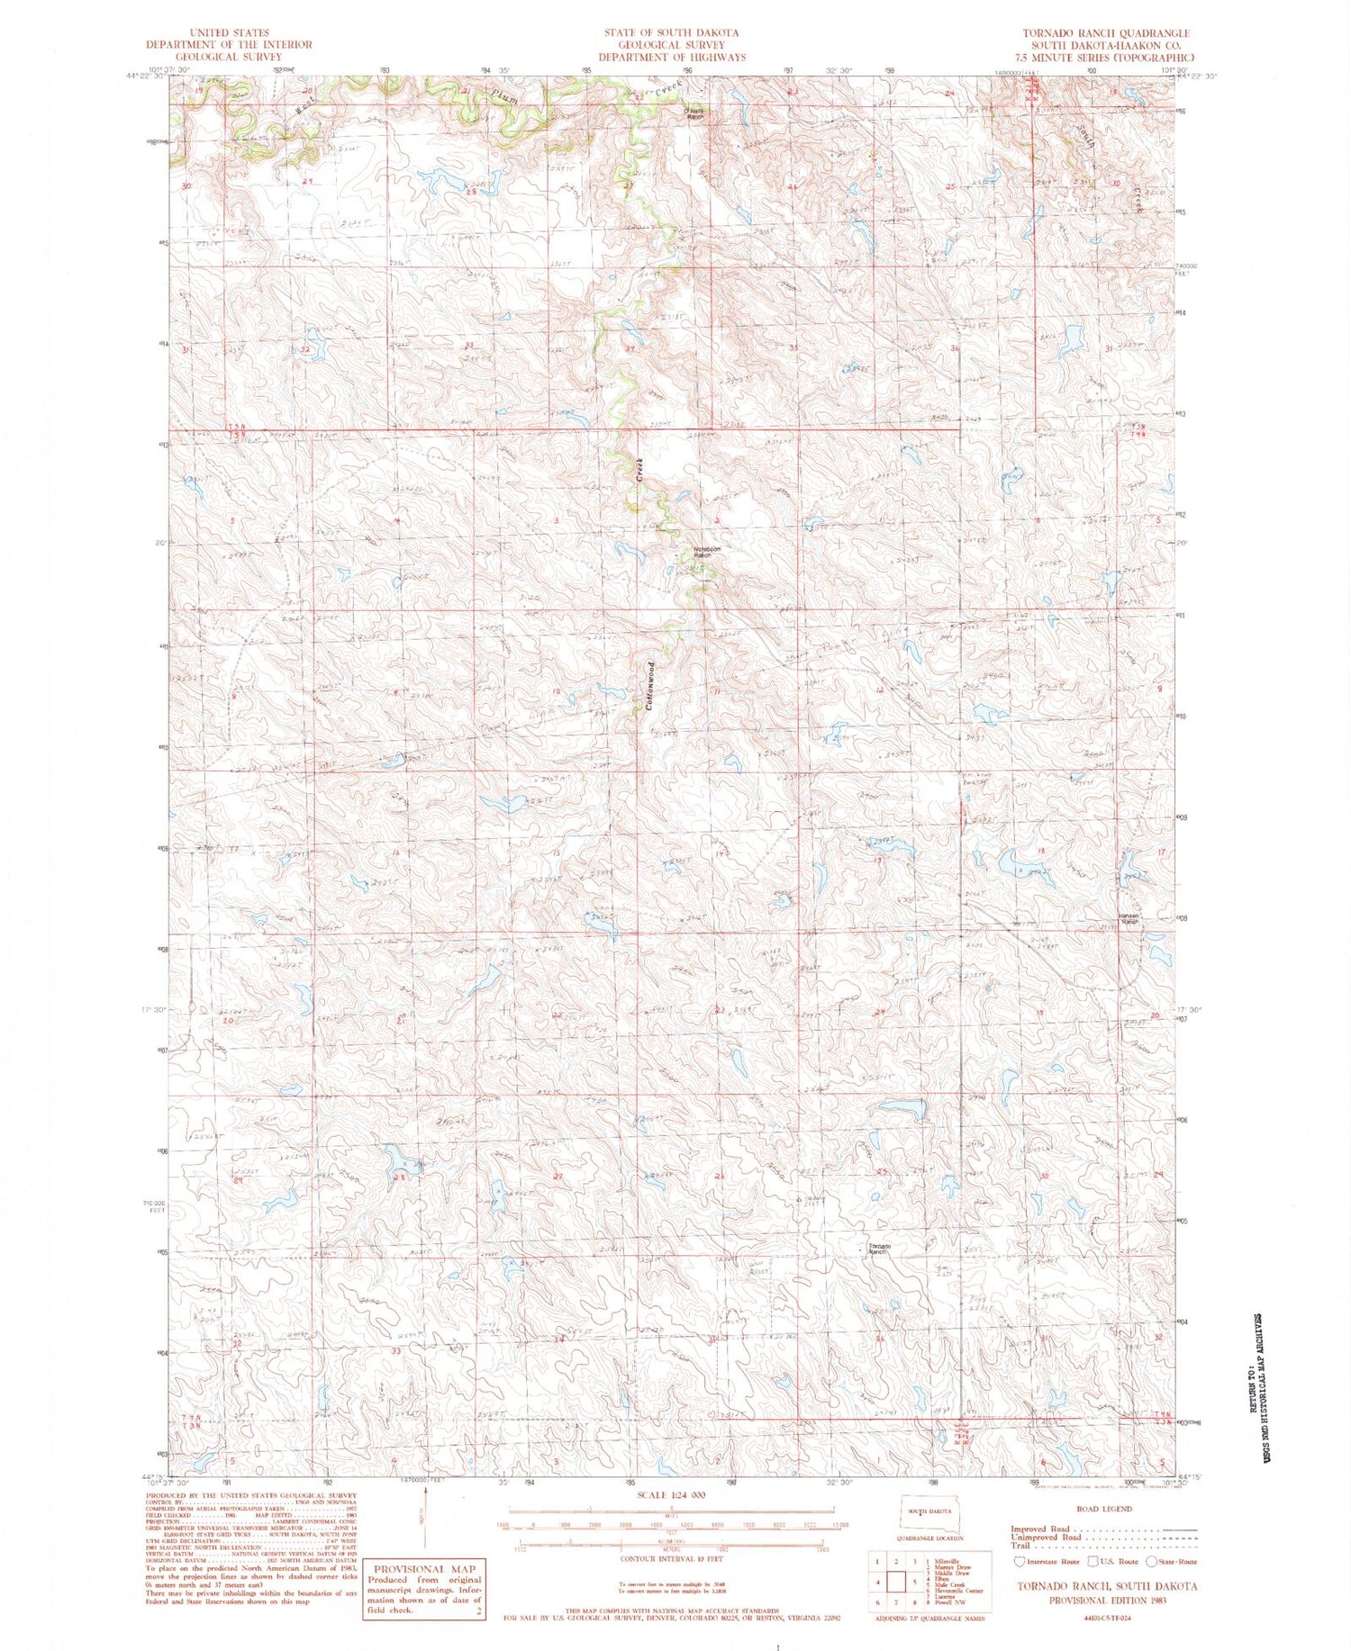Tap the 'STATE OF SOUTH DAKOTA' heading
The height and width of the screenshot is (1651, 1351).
[x=671, y=33]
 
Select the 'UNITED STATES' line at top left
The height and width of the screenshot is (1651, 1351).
[x=229, y=33]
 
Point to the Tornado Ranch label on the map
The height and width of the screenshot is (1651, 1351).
[x=880, y=1249]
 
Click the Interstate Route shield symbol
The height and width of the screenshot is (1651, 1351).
[x=1020, y=1562]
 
